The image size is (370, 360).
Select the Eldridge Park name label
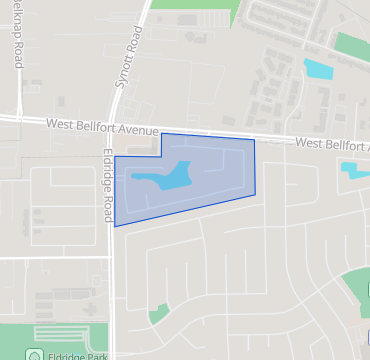tap(74, 353)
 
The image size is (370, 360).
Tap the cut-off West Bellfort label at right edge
tap(332, 145)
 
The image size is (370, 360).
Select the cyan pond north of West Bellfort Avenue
tap(318, 70)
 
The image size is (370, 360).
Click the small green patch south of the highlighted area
tap(158, 314)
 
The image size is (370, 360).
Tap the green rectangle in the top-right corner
tap(352, 46)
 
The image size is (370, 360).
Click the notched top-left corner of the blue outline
tap(162, 134)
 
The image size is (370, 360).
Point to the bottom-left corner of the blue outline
tap(115, 226)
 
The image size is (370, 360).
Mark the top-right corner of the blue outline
tap(254, 140)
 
